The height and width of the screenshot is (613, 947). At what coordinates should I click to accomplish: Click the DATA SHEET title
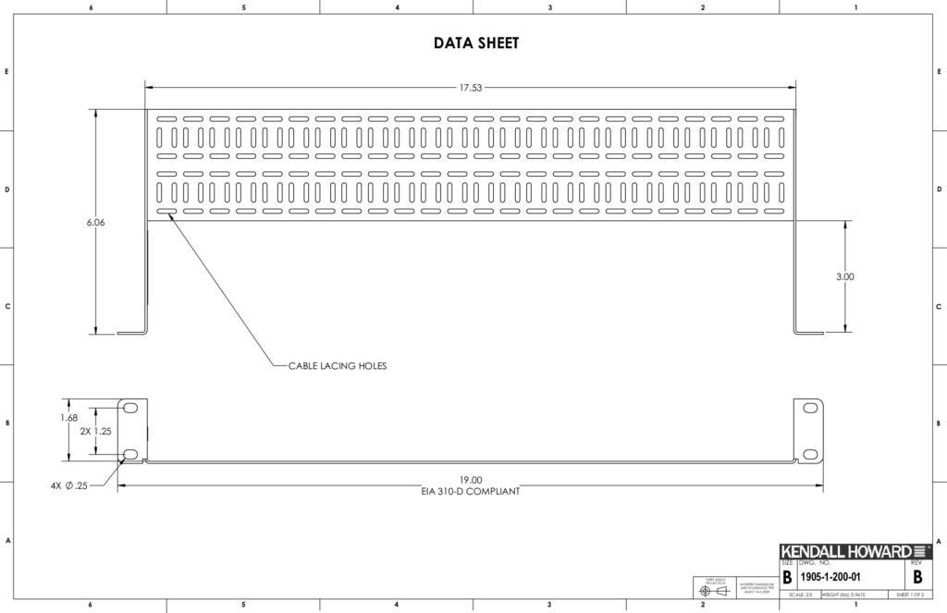(x=476, y=43)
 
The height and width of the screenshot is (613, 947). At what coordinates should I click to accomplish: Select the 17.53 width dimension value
(x=471, y=88)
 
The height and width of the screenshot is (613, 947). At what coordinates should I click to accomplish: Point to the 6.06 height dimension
(x=96, y=223)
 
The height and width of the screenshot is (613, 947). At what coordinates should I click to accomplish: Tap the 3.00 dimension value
(x=845, y=276)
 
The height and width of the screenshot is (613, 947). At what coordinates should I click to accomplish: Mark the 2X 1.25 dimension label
(x=95, y=431)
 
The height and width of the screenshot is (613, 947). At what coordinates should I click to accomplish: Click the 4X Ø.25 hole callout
(x=69, y=485)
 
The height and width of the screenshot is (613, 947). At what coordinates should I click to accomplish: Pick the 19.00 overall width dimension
(x=470, y=480)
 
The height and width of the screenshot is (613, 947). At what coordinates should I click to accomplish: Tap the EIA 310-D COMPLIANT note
(x=470, y=492)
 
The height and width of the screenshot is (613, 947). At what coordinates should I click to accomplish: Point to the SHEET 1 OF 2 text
(x=910, y=594)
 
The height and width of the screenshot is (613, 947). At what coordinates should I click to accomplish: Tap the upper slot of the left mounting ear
(x=130, y=409)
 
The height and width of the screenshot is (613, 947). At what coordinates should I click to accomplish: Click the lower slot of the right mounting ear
(x=810, y=454)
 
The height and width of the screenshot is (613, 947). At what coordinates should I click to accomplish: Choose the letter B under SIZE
(x=787, y=578)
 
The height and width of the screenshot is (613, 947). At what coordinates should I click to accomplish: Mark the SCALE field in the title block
(x=794, y=594)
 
